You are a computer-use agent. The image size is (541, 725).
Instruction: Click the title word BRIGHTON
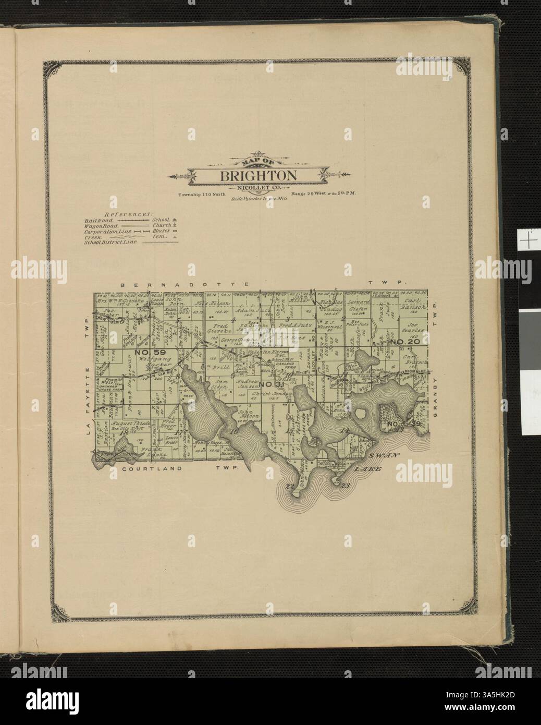[258, 175]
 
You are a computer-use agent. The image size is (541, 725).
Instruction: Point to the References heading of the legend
[128, 214]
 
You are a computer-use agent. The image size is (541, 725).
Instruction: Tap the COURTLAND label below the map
[152, 469]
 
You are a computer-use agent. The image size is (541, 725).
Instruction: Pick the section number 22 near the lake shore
[290, 486]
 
